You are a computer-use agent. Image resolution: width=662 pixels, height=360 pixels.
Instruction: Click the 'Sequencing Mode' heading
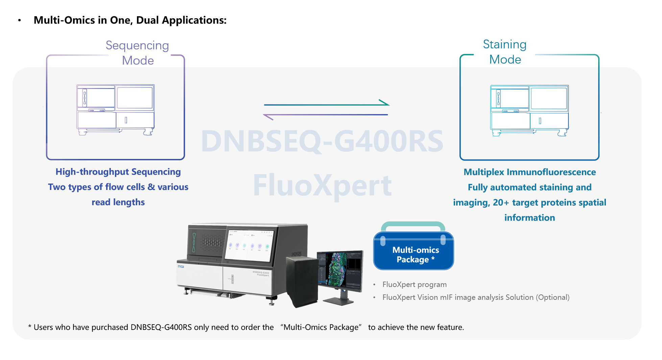tap(137, 53)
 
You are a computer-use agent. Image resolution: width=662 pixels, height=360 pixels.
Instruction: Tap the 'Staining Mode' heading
tap(505, 52)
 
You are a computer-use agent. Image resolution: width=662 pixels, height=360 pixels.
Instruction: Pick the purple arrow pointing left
tap(326, 115)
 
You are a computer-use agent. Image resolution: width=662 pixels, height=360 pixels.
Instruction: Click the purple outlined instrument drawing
tap(116, 110)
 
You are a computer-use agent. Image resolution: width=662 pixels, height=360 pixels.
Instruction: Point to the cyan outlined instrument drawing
tap(529, 111)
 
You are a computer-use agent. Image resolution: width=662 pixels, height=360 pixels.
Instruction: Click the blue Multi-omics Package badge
tap(413, 250)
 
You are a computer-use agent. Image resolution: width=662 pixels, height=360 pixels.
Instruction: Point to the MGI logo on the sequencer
tap(181, 267)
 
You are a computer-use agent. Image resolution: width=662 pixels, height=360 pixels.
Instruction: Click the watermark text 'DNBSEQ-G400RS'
tap(322, 141)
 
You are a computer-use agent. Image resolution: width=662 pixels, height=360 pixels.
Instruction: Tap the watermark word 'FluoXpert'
tap(322, 186)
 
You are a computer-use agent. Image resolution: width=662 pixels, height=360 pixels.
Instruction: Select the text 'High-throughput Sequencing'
tap(118, 172)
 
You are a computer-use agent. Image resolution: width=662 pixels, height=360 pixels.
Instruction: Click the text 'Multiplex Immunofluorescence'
tap(529, 172)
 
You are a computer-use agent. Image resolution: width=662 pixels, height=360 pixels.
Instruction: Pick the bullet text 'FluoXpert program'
tap(415, 285)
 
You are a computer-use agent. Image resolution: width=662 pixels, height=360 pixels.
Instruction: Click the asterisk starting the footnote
tap(30, 327)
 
